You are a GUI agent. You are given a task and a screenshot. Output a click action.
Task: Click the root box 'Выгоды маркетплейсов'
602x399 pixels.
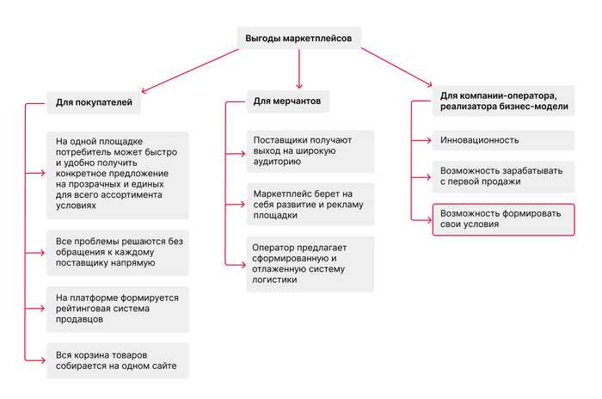coord(298,37)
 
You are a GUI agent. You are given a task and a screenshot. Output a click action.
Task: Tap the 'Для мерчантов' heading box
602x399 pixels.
coord(289,101)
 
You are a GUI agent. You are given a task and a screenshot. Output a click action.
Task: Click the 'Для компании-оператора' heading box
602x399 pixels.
coord(503,101)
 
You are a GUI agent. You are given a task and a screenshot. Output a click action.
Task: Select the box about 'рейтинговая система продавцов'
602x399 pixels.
coord(117,309)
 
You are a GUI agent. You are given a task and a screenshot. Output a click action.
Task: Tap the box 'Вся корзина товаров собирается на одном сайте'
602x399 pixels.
coord(117,360)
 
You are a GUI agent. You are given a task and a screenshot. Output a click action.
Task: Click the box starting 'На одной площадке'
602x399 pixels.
coord(117,172)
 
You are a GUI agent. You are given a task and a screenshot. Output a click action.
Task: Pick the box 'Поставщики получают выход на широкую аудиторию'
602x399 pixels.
coord(310,149)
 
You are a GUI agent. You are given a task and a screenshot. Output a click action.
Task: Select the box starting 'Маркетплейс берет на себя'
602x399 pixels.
coord(310,203)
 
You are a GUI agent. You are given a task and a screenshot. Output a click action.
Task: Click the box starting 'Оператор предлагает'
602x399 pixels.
coord(310,263)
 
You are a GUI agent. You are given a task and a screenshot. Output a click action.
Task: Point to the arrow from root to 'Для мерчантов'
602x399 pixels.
coord(298,69)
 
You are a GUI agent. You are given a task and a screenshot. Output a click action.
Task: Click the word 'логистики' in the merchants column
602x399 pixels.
coord(274,279)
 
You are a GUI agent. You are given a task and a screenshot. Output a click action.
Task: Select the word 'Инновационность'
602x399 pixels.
coord(480,140)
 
